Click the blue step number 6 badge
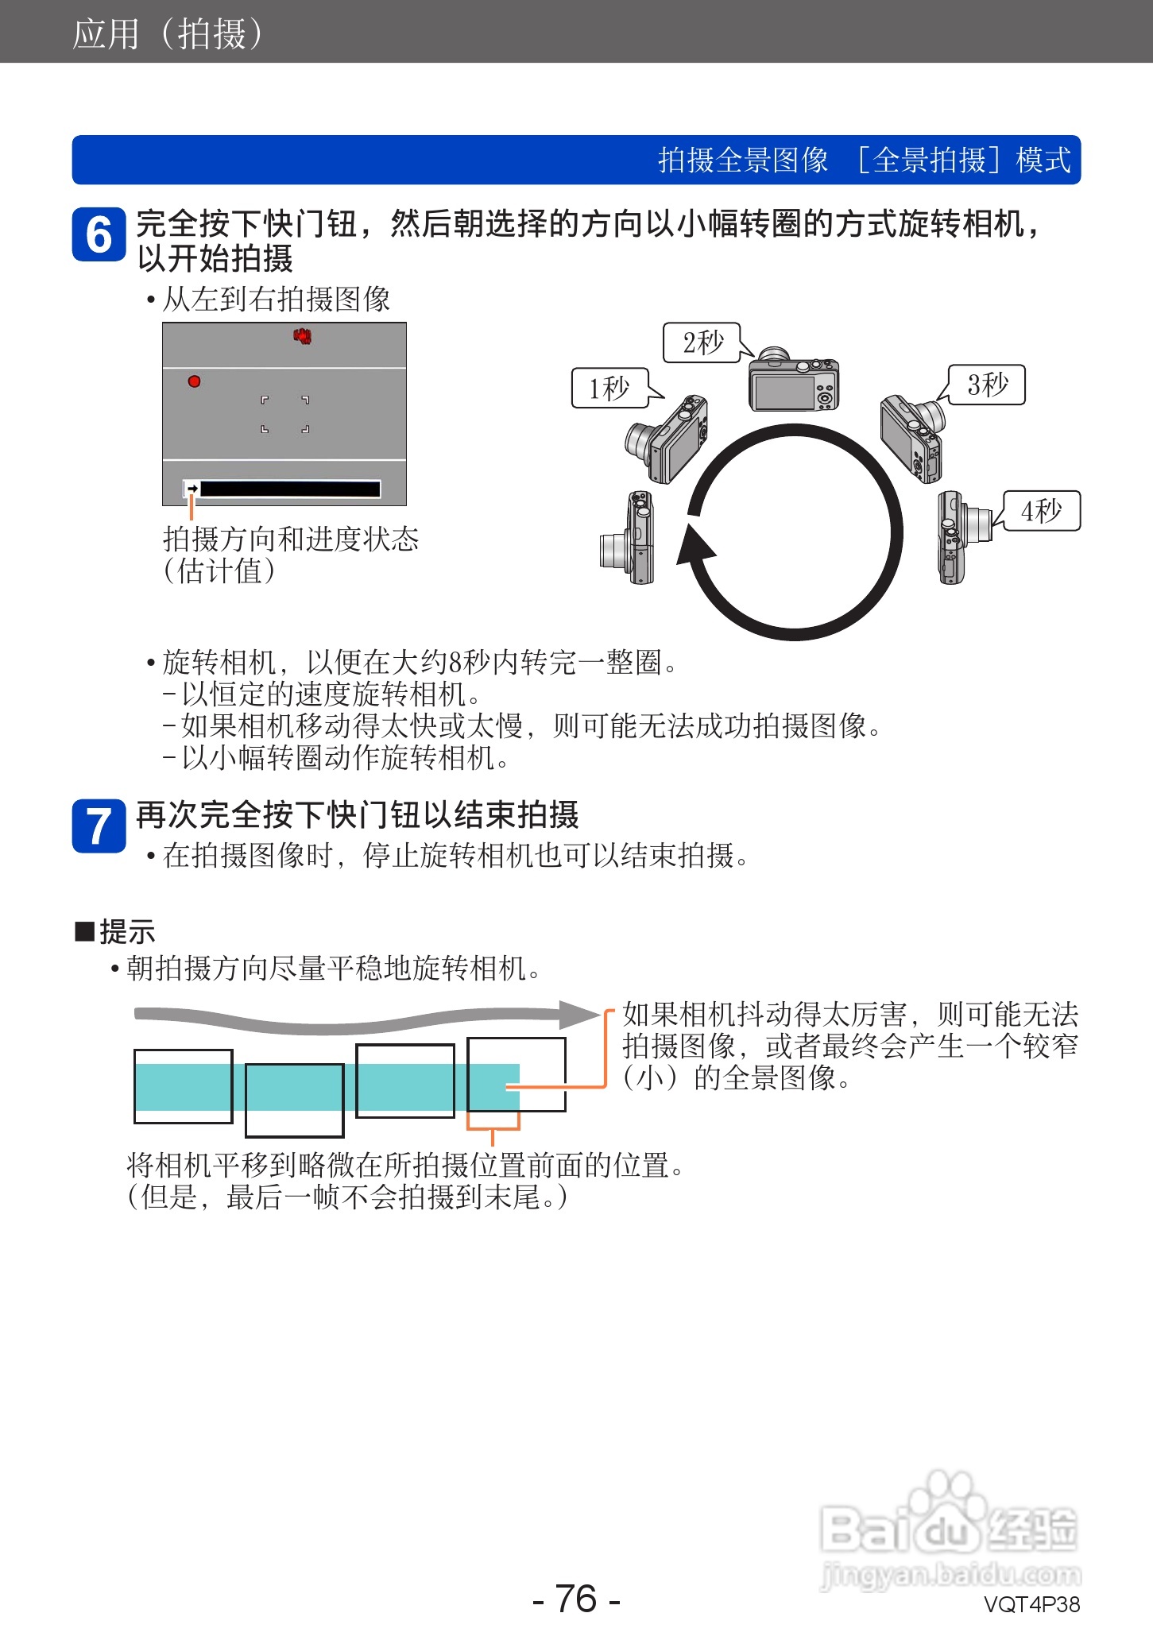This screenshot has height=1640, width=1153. point(99,234)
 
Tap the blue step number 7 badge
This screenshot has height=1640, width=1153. point(99,826)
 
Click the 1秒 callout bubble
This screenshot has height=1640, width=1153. point(609,388)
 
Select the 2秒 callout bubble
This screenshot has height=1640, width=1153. point(702,342)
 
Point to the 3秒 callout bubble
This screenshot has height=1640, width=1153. point(988,385)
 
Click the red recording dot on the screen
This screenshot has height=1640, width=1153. point(194,381)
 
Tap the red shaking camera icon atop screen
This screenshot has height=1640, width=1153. point(302,336)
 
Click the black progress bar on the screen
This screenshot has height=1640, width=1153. point(290,489)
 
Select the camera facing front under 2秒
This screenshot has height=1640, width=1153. point(793,381)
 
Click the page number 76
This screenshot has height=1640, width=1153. point(576,1598)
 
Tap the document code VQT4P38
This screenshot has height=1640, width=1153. point(1031,1604)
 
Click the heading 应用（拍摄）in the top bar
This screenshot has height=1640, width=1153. point(167,33)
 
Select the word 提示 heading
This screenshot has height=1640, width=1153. point(127,931)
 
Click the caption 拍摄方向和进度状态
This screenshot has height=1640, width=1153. point(291,539)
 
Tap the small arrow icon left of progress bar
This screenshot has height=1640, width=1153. point(192,489)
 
